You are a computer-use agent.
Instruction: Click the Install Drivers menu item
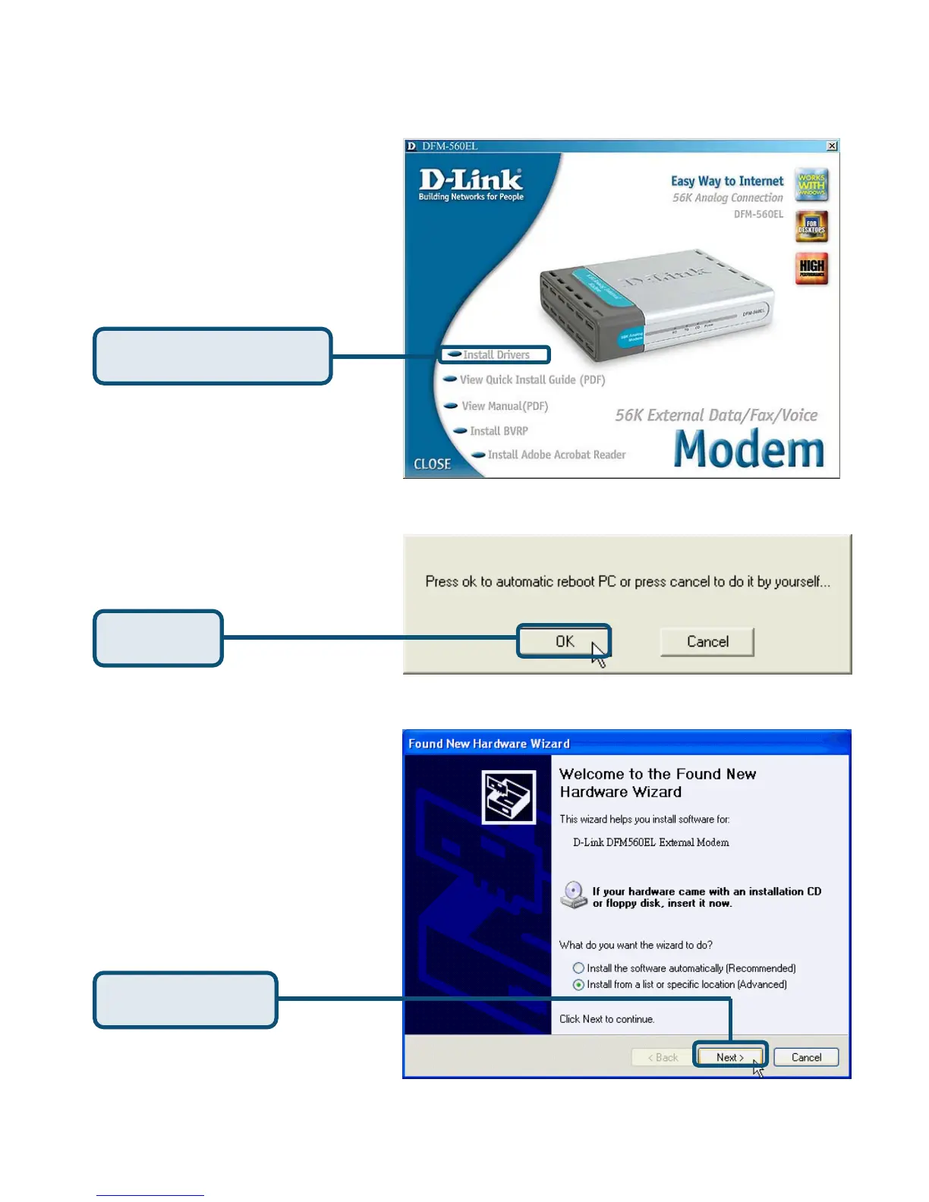click(x=496, y=354)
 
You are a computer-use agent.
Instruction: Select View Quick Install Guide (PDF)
click(x=531, y=379)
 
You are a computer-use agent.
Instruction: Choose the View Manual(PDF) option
click(x=504, y=406)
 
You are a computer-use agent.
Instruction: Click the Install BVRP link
click(x=498, y=431)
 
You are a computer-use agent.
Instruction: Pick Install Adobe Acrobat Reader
click(x=556, y=455)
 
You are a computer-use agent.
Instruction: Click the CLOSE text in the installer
click(x=432, y=464)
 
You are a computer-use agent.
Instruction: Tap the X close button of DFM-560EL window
click(x=832, y=146)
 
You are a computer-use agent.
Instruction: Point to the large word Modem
click(x=748, y=449)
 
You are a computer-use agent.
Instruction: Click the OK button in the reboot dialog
click(x=564, y=641)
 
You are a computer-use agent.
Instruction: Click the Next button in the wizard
click(x=729, y=1057)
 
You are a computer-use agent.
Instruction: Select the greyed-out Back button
click(x=663, y=1057)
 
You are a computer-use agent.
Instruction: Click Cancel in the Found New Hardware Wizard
click(x=806, y=1057)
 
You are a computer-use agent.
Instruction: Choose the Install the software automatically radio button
click(x=578, y=968)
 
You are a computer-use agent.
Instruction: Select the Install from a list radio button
click(x=578, y=984)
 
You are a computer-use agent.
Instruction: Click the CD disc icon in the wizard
click(x=574, y=895)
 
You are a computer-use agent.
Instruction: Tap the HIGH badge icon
click(x=811, y=268)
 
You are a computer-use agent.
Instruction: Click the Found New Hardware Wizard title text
click(x=489, y=744)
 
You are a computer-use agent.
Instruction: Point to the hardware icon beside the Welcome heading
click(x=509, y=797)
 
